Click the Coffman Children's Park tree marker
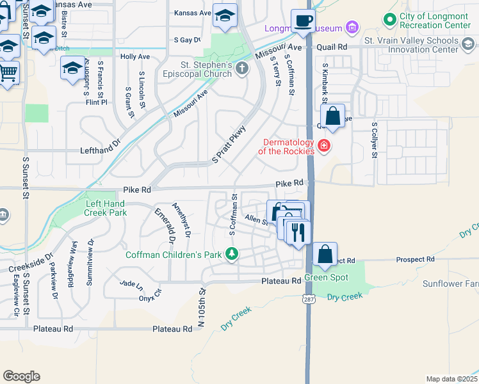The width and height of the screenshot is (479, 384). (x=232, y=255)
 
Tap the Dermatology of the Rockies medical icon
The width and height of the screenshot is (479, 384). (x=324, y=147)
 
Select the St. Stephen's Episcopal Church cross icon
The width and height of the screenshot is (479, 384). (x=241, y=68)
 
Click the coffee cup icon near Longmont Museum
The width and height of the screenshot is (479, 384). (x=303, y=20)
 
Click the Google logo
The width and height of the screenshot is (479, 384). (x=21, y=376)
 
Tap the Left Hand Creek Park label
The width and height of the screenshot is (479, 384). (x=106, y=207)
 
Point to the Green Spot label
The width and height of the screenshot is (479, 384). (x=326, y=277)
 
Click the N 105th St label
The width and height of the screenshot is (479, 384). (x=200, y=307)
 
